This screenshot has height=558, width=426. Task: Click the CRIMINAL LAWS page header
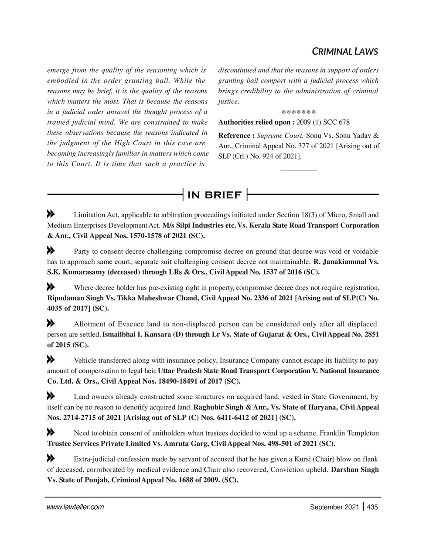(x=344, y=51)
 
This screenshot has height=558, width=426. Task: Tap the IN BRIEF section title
(x=214, y=195)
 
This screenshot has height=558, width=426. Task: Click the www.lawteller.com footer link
(x=75, y=507)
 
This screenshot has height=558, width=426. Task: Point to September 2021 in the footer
(x=334, y=507)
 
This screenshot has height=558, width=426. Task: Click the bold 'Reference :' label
(x=236, y=136)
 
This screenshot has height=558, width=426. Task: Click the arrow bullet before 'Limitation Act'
(x=50, y=214)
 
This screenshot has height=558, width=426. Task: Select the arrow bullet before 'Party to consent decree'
(x=50, y=251)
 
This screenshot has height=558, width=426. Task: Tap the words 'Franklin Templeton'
(x=349, y=433)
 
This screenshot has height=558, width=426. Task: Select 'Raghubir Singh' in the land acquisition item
(x=217, y=408)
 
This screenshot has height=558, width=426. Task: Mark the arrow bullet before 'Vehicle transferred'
(x=50, y=360)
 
